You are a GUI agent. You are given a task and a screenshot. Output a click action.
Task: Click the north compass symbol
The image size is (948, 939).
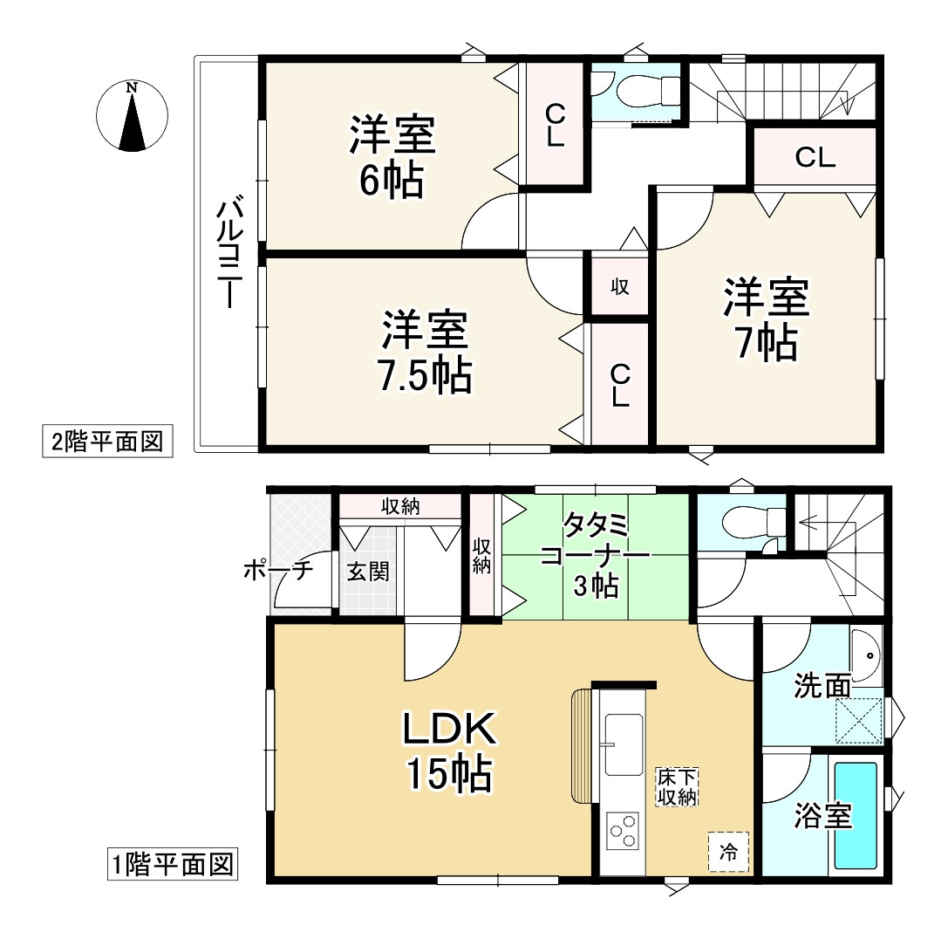132,116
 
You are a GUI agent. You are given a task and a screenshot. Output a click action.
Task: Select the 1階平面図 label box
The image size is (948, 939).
173,866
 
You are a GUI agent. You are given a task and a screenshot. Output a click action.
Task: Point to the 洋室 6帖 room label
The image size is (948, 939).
392,157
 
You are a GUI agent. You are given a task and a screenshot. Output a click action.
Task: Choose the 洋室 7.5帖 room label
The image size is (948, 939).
426,353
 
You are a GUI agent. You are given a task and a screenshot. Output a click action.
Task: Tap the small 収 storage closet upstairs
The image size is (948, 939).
619,285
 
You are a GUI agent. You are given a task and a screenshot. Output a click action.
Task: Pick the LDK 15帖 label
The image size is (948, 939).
448,751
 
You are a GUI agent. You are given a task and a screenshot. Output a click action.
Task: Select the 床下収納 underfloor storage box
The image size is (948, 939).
676,787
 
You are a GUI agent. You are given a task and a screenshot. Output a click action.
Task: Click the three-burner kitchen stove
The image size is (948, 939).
623,831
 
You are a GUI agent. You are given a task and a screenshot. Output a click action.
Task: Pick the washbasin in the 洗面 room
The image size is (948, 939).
866,656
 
